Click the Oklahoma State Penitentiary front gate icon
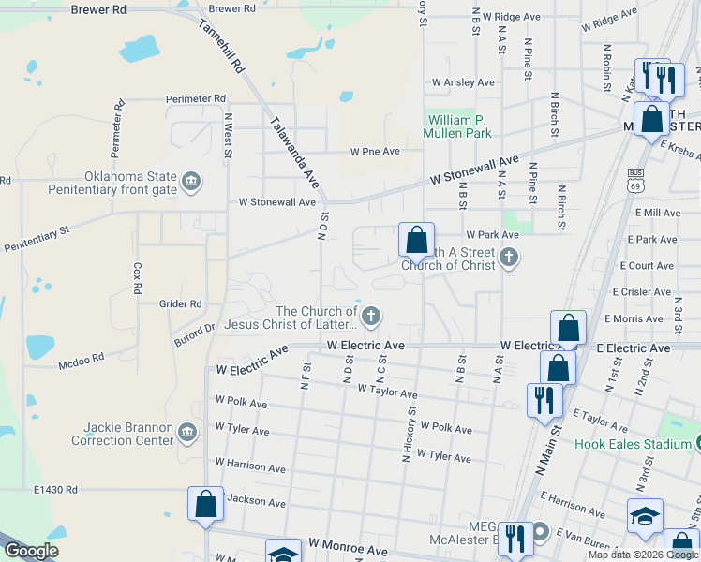click(191, 180)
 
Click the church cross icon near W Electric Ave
click(371, 316)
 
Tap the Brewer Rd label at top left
click(98, 8)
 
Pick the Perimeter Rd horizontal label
click(196, 98)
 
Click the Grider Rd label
click(181, 303)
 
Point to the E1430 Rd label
click(55, 490)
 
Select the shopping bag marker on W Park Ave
click(416, 239)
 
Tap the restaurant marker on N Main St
click(544, 401)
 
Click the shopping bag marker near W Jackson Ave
click(206, 505)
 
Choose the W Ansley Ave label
click(462, 82)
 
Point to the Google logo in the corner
click(31, 551)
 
